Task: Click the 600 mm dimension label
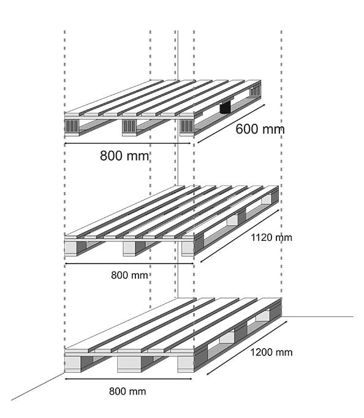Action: (260, 129)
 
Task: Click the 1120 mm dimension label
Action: (271, 238)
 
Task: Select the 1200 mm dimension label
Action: (271, 352)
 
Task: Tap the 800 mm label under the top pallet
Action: (124, 156)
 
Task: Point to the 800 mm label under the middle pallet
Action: (129, 275)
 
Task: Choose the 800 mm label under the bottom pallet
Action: (127, 392)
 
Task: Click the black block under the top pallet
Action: (225, 107)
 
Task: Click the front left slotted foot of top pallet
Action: (72, 126)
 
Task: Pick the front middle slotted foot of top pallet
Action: (129, 126)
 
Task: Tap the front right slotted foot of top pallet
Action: (187, 126)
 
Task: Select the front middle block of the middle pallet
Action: (129, 248)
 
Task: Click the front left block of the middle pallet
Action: (71, 248)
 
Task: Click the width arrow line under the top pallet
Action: (127, 143)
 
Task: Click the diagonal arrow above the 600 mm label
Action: (231, 124)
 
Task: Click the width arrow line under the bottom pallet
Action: (129, 379)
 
